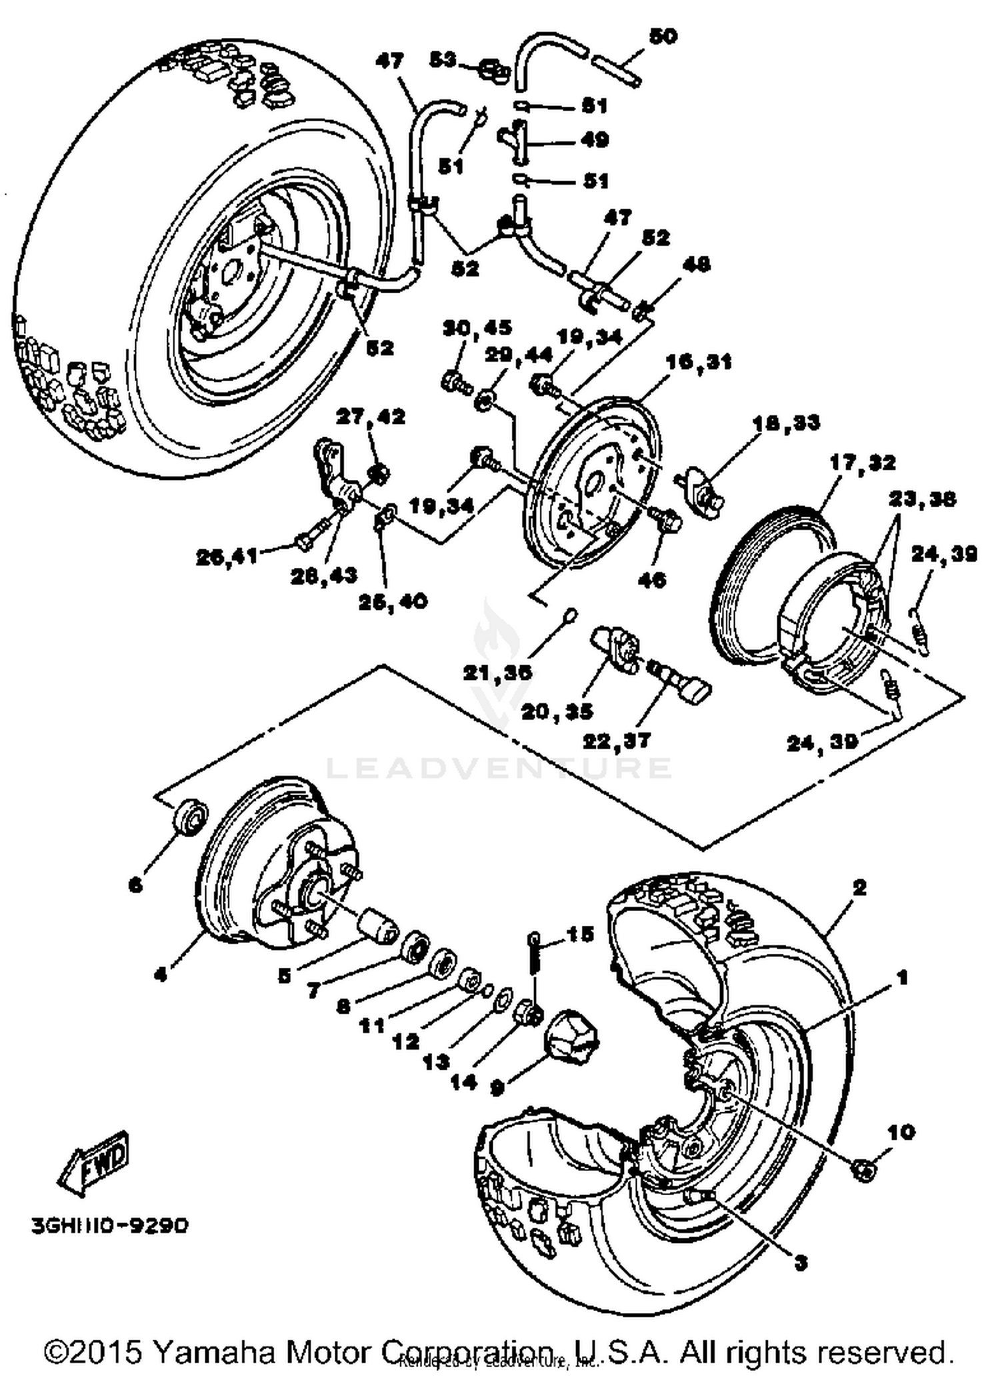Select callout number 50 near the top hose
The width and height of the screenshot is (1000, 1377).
pyautogui.click(x=662, y=37)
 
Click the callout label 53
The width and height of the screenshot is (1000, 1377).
pyautogui.click(x=442, y=60)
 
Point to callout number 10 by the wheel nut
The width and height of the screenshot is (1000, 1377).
pyautogui.click(x=901, y=1132)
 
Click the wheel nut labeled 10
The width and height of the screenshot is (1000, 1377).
pyautogui.click(x=865, y=1169)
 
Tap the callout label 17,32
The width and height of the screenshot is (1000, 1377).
pyautogui.click(x=863, y=463)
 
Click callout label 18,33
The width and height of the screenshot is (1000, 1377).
pyautogui.click(x=787, y=423)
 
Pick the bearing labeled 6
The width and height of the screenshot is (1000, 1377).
pyautogui.click(x=189, y=816)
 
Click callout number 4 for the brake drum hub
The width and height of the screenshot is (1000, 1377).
pyautogui.click(x=160, y=974)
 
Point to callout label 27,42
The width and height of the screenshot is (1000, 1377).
pyautogui.click(x=370, y=417)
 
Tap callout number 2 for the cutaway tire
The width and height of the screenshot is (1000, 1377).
pyautogui.click(x=859, y=887)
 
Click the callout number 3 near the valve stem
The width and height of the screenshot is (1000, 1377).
pyautogui.click(x=801, y=1262)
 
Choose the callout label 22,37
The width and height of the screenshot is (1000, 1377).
pyautogui.click(x=617, y=740)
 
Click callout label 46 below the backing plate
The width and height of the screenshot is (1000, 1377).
pyautogui.click(x=652, y=580)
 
